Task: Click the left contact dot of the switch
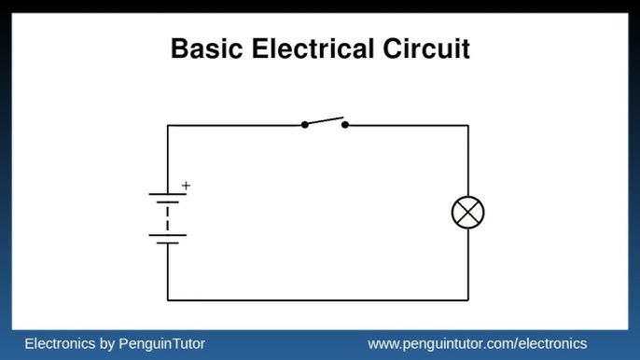coord(305,125)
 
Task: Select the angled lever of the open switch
coord(325,120)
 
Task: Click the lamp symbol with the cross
coord(467,214)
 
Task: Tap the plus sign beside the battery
coord(186,186)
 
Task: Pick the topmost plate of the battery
coord(168,194)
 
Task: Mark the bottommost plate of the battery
coord(168,243)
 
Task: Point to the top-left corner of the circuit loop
coord(168,125)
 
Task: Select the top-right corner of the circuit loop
coord(467,125)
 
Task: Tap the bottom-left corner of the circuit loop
coord(168,300)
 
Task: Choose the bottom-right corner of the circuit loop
coord(467,300)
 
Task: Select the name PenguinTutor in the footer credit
coord(162,344)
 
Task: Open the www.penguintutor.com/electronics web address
coord(478,344)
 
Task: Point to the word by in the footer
coord(106,344)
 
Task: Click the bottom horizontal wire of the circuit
coord(317,300)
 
